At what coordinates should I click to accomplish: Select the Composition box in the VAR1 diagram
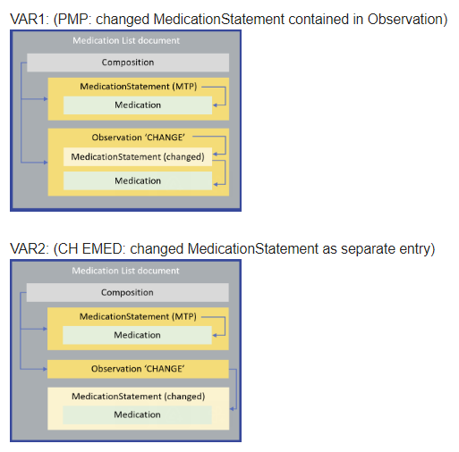pyautogui.click(x=127, y=63)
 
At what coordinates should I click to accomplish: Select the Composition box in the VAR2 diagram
pyautogui.click(x=127, y=292)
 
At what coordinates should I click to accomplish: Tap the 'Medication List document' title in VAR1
pyautogui.click(x=125, y=40)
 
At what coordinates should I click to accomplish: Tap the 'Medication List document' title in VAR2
pyautogui.click(x=125, y=271)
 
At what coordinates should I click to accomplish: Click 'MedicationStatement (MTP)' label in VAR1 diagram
pyautogui.click(x=138, y=87)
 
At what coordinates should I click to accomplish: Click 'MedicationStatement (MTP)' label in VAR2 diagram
pyautogui.click(x=138, y=316)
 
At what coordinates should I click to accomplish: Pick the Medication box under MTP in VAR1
pyautogui.click(x=138, y=105)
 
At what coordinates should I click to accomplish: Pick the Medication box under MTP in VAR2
pyautogui.click(x=138, y=335)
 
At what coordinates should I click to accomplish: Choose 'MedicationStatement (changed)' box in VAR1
pyautogui.click(x=138, y=157)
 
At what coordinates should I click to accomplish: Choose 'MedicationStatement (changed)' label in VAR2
pyautogui.click(x=138, y=396)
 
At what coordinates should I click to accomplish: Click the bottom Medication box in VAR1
pyautogui.click(x=138, y=180)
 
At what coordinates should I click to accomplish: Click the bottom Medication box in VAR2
pyautogui.click(x=138, y=414)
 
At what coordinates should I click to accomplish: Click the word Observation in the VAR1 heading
pyautogui.click(x=406, y=19)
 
